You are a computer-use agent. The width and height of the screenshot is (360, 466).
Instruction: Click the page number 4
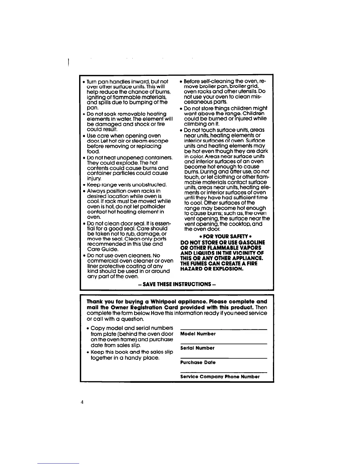pyautogui.click(x=83, y=402)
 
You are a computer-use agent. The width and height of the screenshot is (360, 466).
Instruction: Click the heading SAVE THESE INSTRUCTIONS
pyautogui.click(x=177, y=284)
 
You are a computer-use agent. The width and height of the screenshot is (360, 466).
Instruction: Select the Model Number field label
pyautogui.click(x=198, y=334)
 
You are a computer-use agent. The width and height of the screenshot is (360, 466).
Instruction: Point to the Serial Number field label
pyautogui.click(x=197, y=348)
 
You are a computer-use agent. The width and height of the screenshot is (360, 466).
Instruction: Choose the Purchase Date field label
pyautogui.click(x=198, y=362)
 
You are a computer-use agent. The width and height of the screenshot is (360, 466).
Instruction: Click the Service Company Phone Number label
pyautogui.click(x=220, y=377)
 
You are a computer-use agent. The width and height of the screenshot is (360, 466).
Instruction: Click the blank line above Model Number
pyautogui.click(x=224, y=329)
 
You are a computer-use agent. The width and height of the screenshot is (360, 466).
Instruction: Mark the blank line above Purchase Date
pyautogui.click(x=224, y=358)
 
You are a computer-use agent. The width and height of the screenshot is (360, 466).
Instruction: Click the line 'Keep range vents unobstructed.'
pyautogui.click(x=127, y=185)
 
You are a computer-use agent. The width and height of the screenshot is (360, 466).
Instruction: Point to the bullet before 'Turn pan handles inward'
pyautogui.click(x=84, y=82)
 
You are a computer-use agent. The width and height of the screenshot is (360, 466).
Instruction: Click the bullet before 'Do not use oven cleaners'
pyautogui.click(x=84, y=256)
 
